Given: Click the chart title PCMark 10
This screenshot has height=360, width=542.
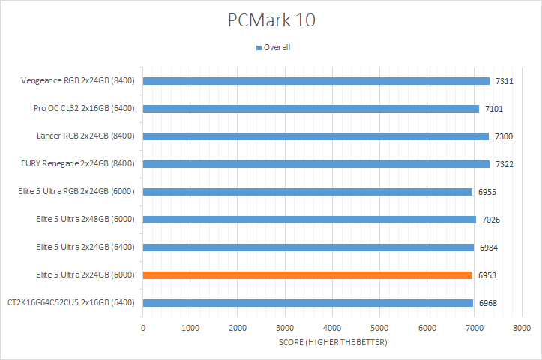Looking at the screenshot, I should (x=271, y=19).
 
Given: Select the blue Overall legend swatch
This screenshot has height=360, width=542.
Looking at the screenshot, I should (x=259, y=47).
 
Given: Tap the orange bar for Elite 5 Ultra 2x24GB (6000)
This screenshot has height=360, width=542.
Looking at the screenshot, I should (x=307, y=275).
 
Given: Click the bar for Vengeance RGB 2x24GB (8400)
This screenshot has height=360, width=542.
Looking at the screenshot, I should (x=316, y=81).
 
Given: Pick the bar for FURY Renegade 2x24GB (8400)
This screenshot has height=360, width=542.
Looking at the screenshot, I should (x=316, y=164).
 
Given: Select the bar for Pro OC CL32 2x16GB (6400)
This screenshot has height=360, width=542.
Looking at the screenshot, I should (x=310, y=109).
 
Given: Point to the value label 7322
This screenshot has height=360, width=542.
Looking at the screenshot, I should (x=504, y=164).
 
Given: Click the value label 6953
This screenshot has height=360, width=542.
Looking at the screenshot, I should (x=487, y=275).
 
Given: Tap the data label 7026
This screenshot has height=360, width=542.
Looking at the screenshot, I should (x=490, y=220).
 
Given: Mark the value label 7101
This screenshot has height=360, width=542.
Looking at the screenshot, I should (x=493, y=109).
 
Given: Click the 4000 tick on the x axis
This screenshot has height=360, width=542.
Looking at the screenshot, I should (x=332, y=328).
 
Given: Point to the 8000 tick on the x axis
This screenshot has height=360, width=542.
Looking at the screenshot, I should (x=522, y=328).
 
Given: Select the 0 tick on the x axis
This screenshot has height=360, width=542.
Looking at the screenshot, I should (x=142, y=328).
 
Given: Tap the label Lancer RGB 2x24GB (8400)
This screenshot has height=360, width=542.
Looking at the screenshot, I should (x=85, y=136).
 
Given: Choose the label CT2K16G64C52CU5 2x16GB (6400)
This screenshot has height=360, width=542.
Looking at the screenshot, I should (x=70, y=303).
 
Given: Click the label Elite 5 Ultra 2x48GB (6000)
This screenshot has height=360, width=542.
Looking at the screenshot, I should (x=85, y=220).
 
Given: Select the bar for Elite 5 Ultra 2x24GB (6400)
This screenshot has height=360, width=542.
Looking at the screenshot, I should (x=308, y=247).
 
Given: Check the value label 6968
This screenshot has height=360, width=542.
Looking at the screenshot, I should (x=487, y=303).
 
